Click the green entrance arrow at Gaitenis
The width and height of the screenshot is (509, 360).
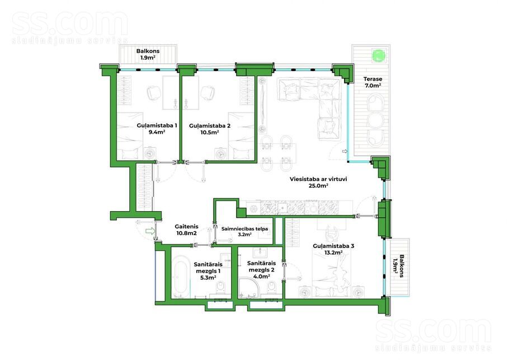[150, 231]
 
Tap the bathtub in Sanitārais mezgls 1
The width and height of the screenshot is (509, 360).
[181, 276]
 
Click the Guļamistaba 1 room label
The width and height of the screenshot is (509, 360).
[157, 129]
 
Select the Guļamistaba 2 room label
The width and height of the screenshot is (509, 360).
[209, 129]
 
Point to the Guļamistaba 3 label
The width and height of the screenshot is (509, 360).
[333, 249]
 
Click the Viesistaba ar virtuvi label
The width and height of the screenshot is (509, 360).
[318, 183]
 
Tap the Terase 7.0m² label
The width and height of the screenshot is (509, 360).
[373, 82]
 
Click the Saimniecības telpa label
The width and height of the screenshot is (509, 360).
[245, 231]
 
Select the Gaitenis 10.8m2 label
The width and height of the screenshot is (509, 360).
[186, 230]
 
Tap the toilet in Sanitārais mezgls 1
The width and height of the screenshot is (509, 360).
[221, 288]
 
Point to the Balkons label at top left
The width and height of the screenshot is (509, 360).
[148, 54]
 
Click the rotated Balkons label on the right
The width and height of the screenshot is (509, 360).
[398, 266]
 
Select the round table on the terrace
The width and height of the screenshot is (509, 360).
[375, 120]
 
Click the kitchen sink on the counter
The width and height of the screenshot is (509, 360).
[282, 208]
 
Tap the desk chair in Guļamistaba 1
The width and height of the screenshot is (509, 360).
[154, 93]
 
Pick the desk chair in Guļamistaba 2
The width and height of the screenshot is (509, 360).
[208, 93]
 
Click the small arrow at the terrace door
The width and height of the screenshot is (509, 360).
[345, 151]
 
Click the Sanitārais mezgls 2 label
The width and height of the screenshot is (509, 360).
[261, 270]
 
